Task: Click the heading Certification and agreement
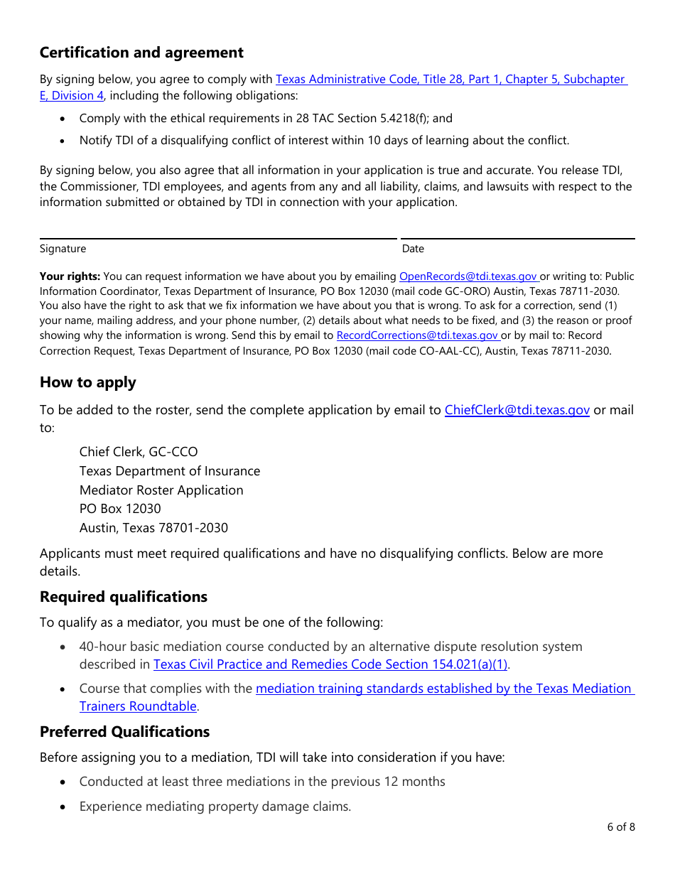click(141, 53)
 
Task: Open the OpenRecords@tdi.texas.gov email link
click(468, 276)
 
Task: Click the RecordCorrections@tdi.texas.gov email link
click(417, 335)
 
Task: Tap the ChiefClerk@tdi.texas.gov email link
click(517, 410)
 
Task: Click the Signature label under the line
click(63, 249)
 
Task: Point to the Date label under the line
click(413, 249)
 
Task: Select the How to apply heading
click(87, 382)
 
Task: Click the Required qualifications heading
click(124, 597)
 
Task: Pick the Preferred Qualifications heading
click(124, 732)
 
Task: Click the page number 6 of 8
click(621, 826)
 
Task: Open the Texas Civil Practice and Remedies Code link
click(330, 664)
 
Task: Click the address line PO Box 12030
click(120, 509)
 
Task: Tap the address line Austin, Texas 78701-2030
click(153, 528)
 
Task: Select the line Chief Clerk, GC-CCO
click(139, 452)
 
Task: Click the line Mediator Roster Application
click(161, 490)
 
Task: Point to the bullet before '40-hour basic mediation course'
click(64, 647)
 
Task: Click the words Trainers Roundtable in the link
click(138, 706)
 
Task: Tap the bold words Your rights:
click(70, 276)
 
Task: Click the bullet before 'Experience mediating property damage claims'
click(64, 807)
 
